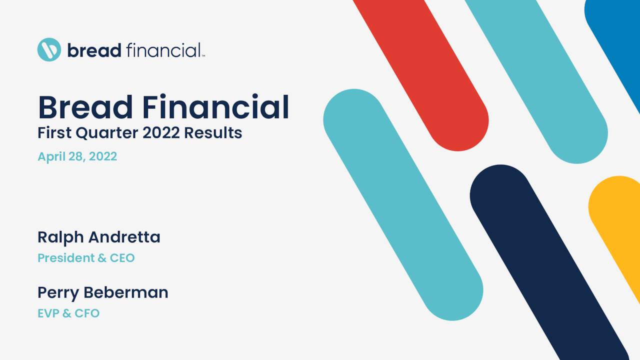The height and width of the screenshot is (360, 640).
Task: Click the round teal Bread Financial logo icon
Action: coord(49,49)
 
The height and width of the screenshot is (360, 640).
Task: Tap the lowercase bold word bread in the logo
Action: coord(94,50)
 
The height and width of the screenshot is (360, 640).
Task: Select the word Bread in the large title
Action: coord(84,107)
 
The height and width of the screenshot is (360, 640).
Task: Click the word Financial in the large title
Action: coord(215,107)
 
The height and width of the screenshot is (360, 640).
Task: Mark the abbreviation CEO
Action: coord(122,258)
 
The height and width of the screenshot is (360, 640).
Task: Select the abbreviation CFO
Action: coord(87,313)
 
